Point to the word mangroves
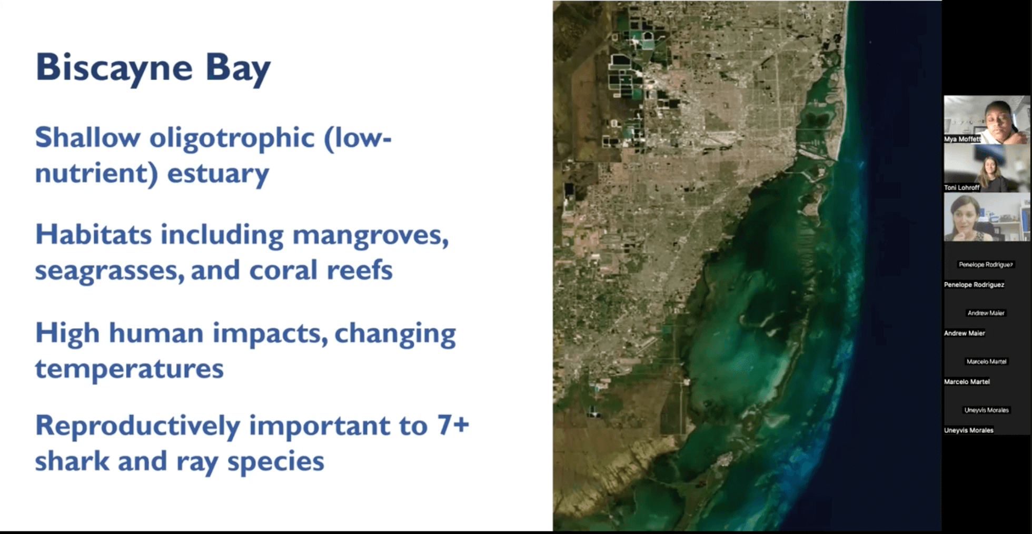[x=371, y=235]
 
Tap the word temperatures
[x=130, y=369]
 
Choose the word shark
[x=73, y=461]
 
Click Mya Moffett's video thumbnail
[x=987, y=120]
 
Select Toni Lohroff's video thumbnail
[x=987, y=168]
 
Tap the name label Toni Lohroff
[x=961, y=187]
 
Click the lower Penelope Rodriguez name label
[x=974, y=285]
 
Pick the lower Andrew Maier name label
[x=965, y=333]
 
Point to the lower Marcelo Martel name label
[x=967, y=382]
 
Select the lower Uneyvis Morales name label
[x=969, y=430]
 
